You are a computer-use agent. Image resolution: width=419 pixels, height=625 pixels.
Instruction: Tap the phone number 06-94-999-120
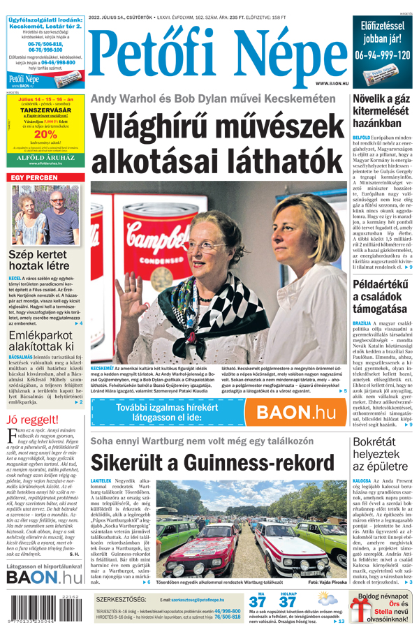pos(382,54)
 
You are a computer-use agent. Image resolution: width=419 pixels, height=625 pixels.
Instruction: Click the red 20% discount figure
pos(45,135)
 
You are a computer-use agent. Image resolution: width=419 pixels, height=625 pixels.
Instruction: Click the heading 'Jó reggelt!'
pos(31,420)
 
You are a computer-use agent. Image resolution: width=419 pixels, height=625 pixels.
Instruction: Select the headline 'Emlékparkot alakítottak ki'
pos(41,341)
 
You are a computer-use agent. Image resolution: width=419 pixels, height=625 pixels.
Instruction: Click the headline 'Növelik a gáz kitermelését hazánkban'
pos(381,112)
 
